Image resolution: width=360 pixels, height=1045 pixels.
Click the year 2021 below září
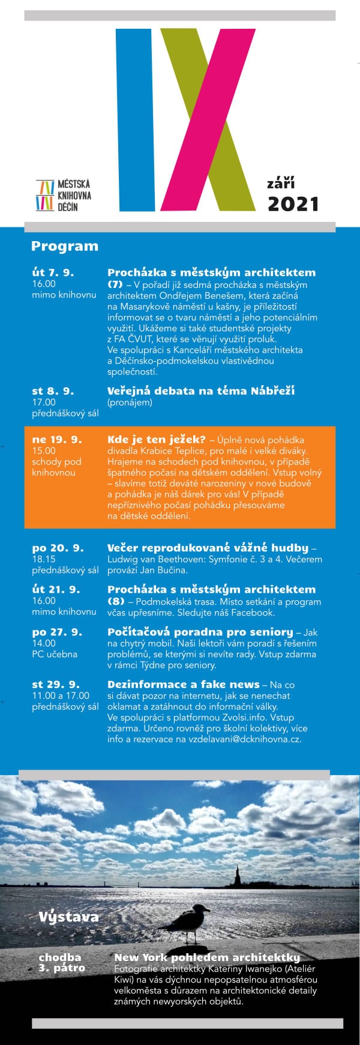tap(293, 204)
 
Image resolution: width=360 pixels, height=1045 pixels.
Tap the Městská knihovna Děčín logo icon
tap(44, 195)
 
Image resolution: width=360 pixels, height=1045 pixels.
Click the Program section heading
tap(64, 246)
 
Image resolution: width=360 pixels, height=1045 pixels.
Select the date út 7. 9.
tap(53, 272)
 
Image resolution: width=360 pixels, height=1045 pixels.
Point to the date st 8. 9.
tap(53, 391)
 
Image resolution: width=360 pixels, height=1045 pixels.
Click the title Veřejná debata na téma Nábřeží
tap(200, 391)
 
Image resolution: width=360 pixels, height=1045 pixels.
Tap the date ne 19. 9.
tap(56, 439)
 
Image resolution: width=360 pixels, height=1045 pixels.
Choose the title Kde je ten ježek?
tap(156, 439)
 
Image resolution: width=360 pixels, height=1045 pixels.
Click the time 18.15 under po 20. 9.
tap(44, 559)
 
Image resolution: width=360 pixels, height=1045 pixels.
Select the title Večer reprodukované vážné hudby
tap(208, 548)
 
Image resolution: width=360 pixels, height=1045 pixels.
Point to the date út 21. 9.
tap(56, 589)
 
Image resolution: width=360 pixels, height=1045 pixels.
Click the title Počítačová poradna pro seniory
tap(200, 632)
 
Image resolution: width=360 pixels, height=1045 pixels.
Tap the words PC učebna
tap(55, 654)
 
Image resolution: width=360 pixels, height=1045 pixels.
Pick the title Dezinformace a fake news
tap(183, 684)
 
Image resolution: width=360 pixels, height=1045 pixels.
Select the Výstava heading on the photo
tap(68, 917)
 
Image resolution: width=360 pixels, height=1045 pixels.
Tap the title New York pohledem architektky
tap(206, 957)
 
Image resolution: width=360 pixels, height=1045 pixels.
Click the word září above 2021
tap(281, 183)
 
